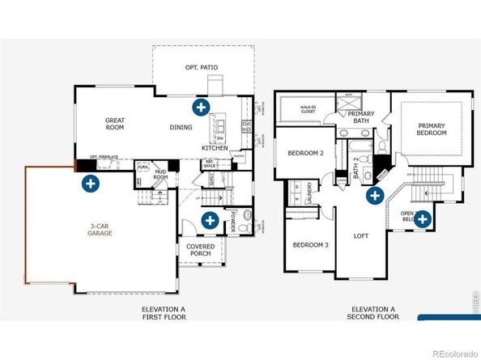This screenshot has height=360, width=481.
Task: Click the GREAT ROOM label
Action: tap(114, 124)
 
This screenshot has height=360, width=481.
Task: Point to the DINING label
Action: tap(181, 128)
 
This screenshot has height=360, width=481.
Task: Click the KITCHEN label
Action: tap(215, 148)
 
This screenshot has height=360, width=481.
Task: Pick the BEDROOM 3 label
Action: tap(309, 245)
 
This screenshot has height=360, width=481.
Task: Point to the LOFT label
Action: tap(362, 237)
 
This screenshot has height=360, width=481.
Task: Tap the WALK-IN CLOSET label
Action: tap(307, 108)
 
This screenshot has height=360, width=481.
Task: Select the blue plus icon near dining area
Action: tap(200, 107)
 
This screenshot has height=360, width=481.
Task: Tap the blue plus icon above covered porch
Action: tap(209, 218)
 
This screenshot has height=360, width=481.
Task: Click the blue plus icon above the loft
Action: tap(375, 195)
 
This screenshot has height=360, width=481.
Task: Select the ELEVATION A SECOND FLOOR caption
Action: tap(373, 314)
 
